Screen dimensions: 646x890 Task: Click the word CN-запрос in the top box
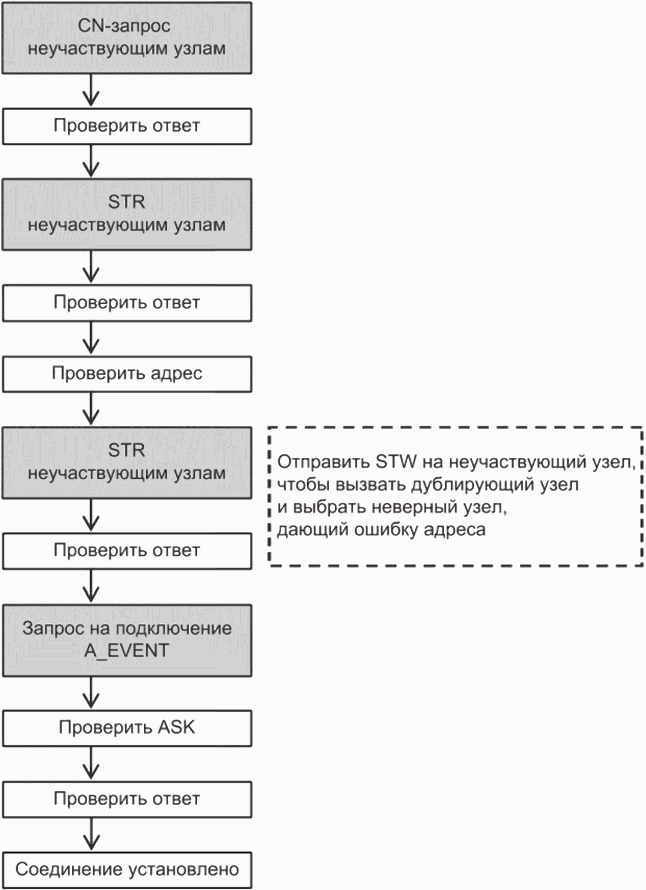click(124, 26)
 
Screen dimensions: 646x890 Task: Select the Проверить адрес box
click(127, 374)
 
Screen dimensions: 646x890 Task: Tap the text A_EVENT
click(127, 650)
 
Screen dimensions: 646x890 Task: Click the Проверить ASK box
click(127, 728)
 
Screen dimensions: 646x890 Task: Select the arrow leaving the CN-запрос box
click(91, 90)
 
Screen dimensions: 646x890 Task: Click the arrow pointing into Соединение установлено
click(91, 834)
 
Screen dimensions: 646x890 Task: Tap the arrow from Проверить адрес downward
click(91, 409)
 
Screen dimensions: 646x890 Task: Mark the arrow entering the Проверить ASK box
click(91, 693)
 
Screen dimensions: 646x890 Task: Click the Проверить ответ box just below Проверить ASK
click(127, 799)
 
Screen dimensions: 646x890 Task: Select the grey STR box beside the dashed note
click(127, 462)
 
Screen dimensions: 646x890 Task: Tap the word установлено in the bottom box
click(183, 870)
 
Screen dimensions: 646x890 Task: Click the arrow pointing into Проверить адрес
click(91, 338)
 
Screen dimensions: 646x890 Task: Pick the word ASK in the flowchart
click(176, 727)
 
